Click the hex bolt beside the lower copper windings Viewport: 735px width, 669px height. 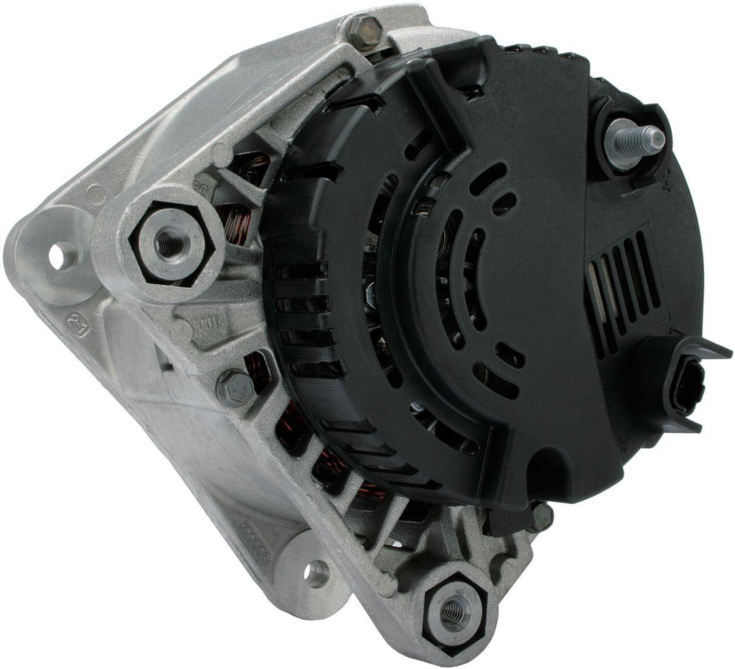[x=236, y=387]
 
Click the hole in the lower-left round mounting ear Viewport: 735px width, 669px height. [x=318, y=573]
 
